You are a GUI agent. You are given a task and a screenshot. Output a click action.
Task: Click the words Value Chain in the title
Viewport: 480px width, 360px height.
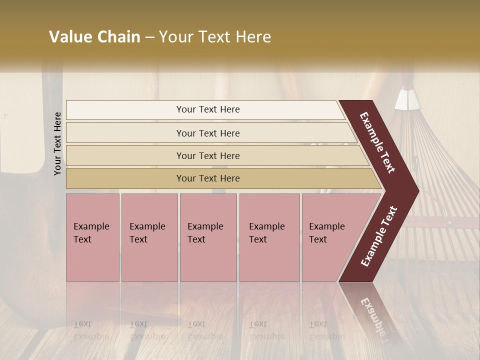[x=94, y=37]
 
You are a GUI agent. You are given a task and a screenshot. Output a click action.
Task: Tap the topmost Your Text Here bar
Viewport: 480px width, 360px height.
[x=208, y=109]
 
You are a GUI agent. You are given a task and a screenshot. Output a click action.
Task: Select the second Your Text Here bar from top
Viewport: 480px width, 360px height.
[x=208, y=133]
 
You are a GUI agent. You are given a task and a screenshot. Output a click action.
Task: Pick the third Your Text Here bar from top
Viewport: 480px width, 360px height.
[x=208, y=155]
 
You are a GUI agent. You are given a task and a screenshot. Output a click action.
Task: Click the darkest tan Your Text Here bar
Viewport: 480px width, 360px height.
[x=208, y=178]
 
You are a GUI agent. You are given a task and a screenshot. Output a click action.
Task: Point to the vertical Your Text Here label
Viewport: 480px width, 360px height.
[x=57, y=143]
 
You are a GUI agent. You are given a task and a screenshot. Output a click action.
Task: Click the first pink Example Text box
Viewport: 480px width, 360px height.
[x=92, y=237]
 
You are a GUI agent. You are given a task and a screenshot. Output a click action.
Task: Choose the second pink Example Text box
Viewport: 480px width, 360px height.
[x=149, y=237]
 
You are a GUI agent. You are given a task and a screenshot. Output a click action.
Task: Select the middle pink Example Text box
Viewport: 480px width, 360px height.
[x=208, y=237]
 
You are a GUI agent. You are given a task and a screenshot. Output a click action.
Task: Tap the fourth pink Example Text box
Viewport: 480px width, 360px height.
[x=269, y=237]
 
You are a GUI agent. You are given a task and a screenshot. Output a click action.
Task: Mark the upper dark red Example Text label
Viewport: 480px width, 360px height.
[x=378, y=143]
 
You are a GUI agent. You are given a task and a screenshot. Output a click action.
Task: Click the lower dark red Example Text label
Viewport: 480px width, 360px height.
[x=379, y=236]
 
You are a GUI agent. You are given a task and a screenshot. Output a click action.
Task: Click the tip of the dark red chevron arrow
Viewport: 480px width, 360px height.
[x=417, y=191]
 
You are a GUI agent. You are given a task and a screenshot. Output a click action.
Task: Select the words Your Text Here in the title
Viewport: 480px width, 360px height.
[x=215, y=37]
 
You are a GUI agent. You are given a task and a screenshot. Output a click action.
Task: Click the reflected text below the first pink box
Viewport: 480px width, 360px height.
[x=90, y=330]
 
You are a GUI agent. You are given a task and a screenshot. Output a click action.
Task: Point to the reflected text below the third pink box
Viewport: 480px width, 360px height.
[x=205, y=330]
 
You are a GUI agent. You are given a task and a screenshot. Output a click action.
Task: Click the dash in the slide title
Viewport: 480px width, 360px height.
[x=149, y=37]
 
